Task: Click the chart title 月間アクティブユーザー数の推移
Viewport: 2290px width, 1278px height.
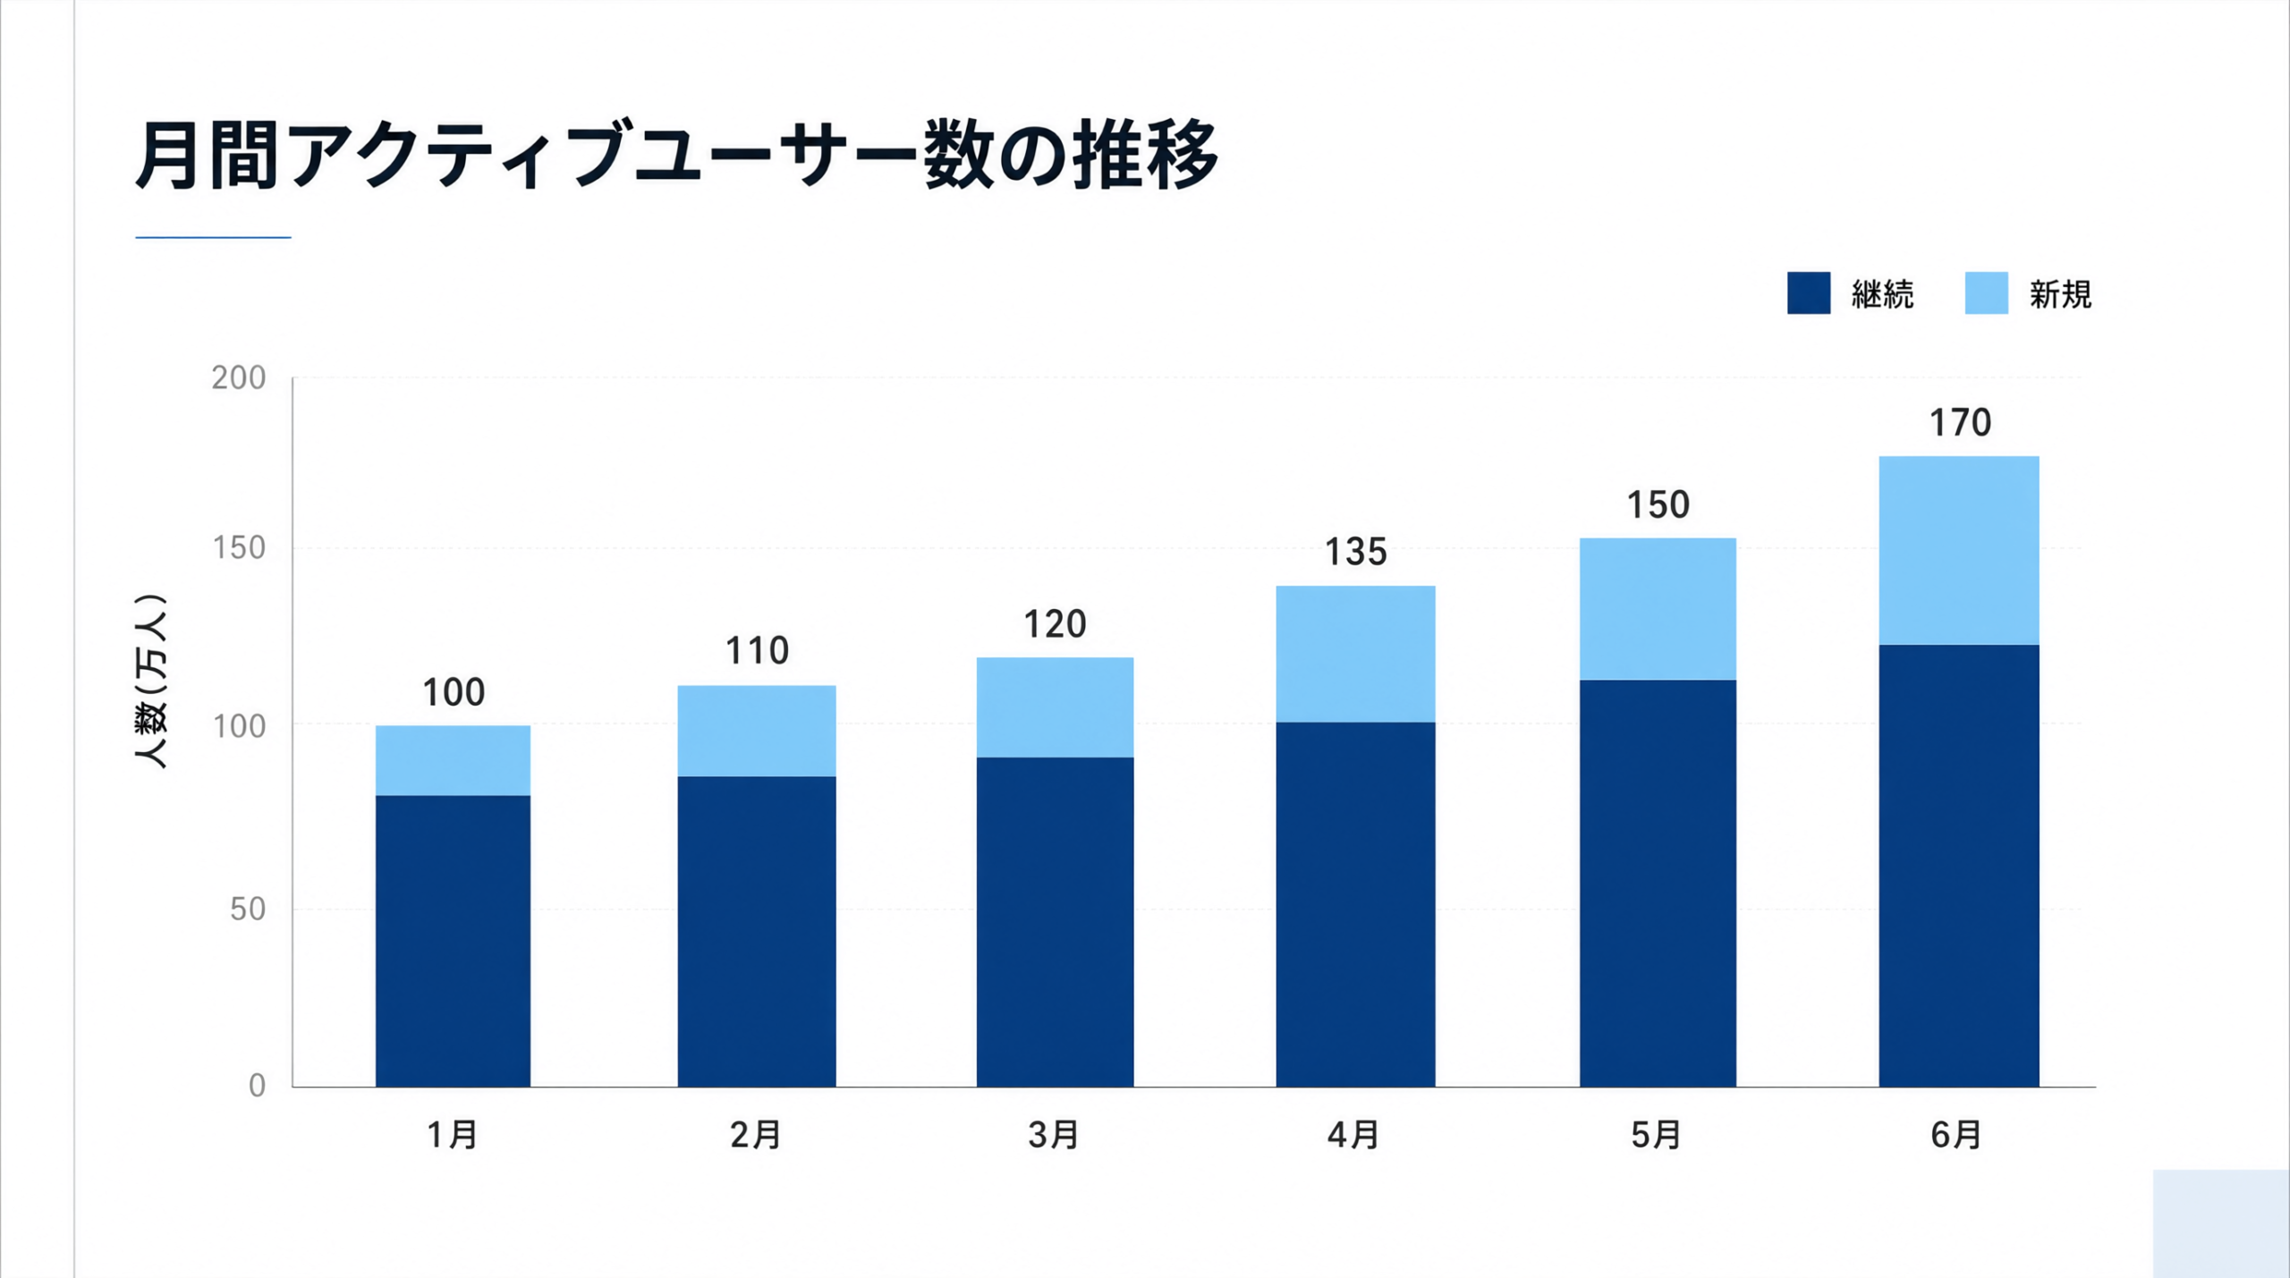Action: [x=677, y=155]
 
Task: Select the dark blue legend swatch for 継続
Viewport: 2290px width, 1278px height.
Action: [x=1808, y=293]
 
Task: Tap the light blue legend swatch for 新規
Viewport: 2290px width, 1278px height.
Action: [x=1986, y=293]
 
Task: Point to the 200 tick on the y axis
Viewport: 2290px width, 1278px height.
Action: [x=239, y=378]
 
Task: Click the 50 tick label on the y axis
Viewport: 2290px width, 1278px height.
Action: [x=248, y=910]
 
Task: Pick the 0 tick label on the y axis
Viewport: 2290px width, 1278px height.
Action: [x=257, y=1086]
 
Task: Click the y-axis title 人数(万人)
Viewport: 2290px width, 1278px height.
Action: [x=151, y=681]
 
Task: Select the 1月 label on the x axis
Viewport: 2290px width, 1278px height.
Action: [x=453, y=1135]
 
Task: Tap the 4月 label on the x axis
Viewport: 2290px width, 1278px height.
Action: [x=1353, y=1135]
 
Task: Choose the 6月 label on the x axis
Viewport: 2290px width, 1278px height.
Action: [x=1957, y=1135]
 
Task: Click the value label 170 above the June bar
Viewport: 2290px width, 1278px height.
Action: [x=1960, y=423]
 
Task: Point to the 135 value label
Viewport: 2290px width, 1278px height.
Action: [x=1355, y=552]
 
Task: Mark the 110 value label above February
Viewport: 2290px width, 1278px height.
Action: [x=757, y=651]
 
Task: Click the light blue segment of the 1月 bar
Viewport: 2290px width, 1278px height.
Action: [x=453, y=760]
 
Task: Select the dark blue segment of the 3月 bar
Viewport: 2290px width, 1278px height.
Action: [x=1055, y=922]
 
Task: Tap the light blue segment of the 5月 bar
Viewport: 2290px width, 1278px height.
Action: [x=1658, y=609]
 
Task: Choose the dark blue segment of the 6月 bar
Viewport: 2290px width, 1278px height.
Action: [x=1959, y=866]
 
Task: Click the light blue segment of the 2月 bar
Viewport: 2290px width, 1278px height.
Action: [x=757, y=731]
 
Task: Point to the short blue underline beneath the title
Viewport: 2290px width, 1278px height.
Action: [x=213, y=237]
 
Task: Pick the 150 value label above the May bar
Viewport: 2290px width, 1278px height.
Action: [x=1658, y=505]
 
